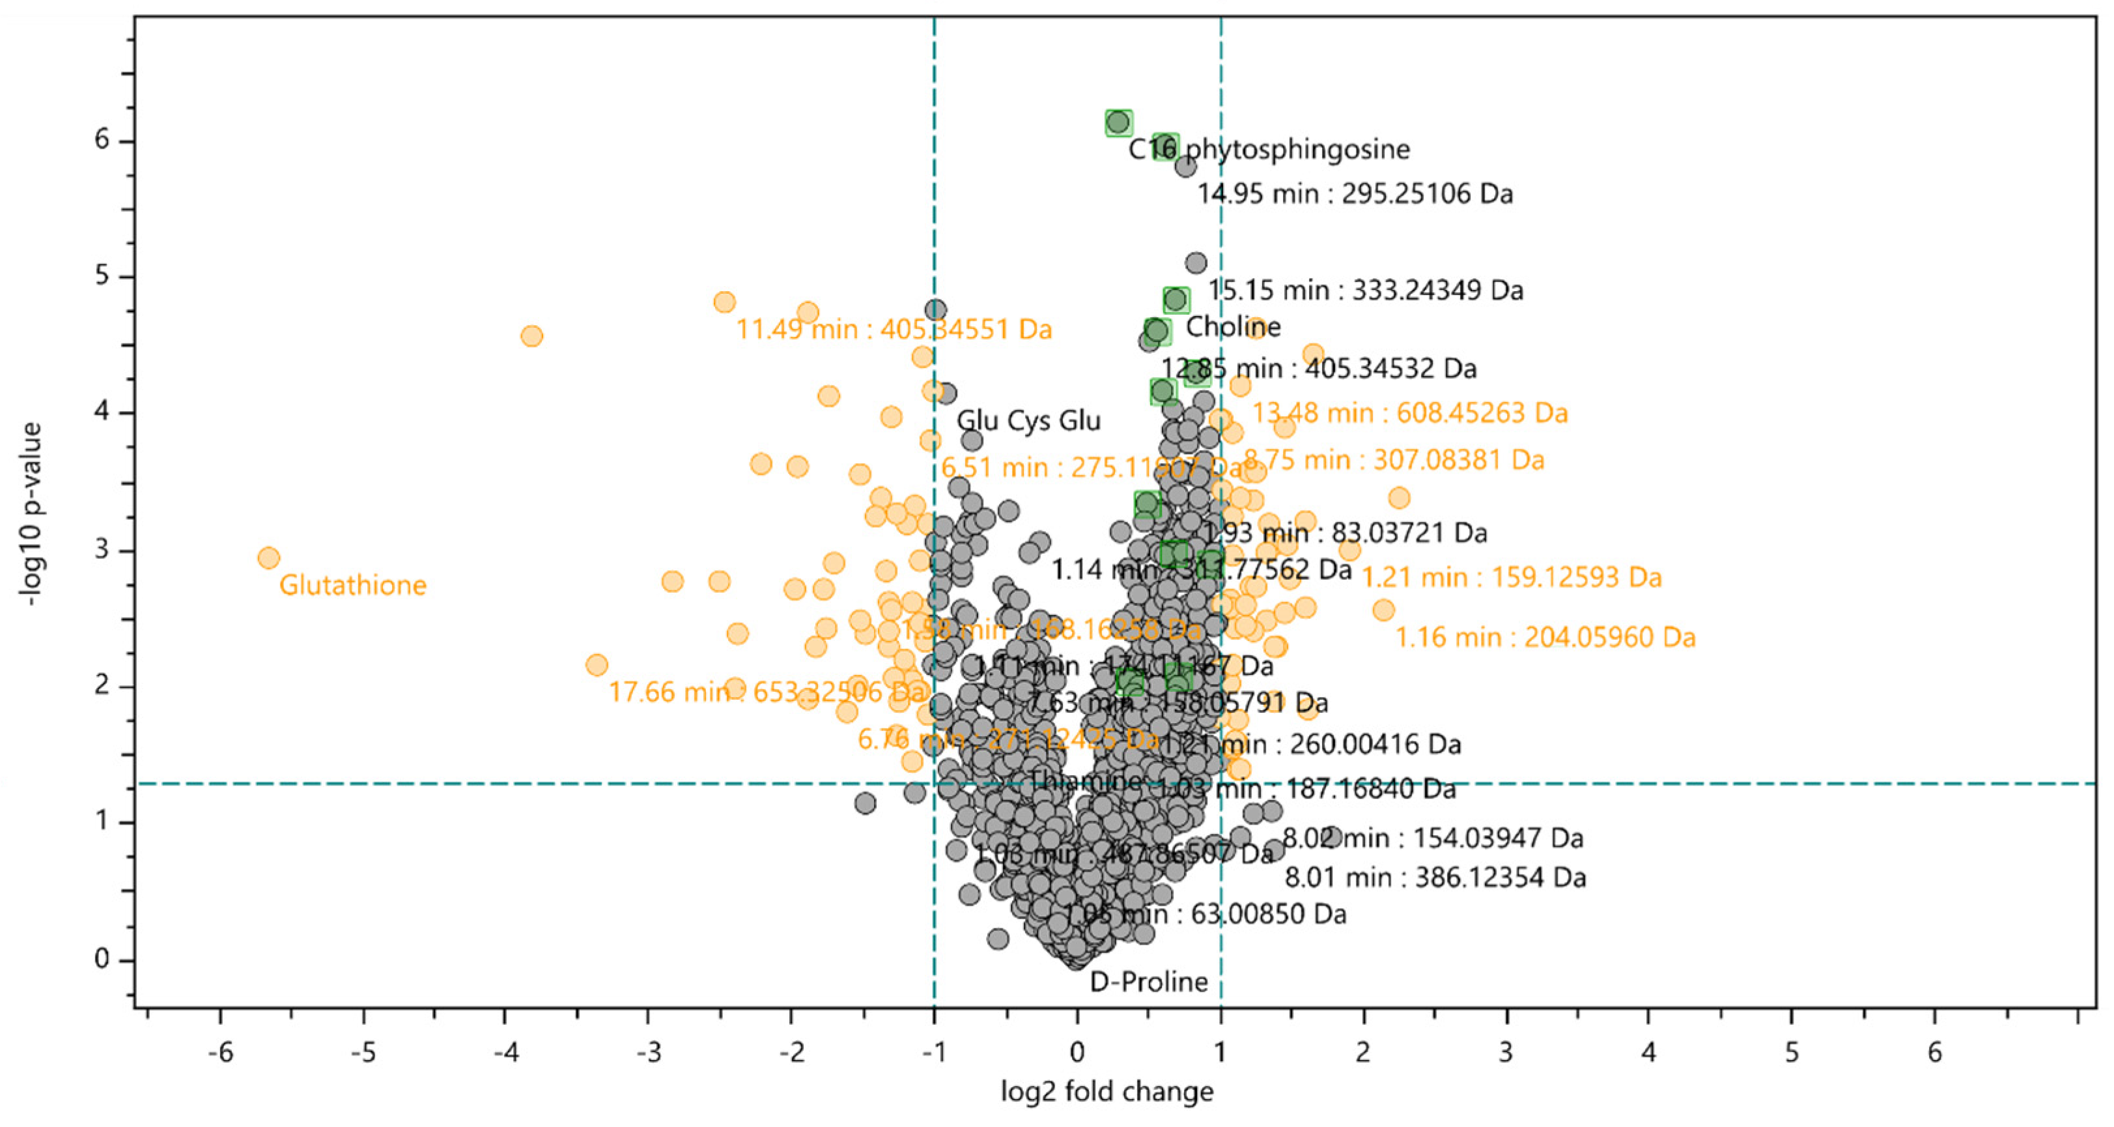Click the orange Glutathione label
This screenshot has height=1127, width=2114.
353,585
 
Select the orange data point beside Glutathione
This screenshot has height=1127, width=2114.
268,558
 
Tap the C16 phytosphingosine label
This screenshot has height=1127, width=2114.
1269,149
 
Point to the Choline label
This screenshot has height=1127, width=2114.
1233,326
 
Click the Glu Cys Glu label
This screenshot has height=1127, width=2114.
1028,420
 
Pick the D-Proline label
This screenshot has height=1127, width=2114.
1148,982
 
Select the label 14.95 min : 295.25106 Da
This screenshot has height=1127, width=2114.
1355,193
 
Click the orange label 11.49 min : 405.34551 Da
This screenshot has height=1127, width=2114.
894,329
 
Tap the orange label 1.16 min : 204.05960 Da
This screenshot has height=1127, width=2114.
1545,637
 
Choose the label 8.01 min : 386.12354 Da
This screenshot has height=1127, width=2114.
1435,877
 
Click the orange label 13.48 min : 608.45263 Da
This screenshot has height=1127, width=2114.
1410,412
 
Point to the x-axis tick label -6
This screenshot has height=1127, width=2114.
220,1052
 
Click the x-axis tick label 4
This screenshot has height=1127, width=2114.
1649,1052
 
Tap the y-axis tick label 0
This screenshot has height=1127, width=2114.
102,959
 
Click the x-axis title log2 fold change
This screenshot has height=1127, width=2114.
1106,1092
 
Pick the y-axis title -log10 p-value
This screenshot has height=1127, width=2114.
33,514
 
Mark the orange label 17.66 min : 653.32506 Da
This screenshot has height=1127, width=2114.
767,692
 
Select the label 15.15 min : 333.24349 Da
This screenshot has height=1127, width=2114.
1366,290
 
